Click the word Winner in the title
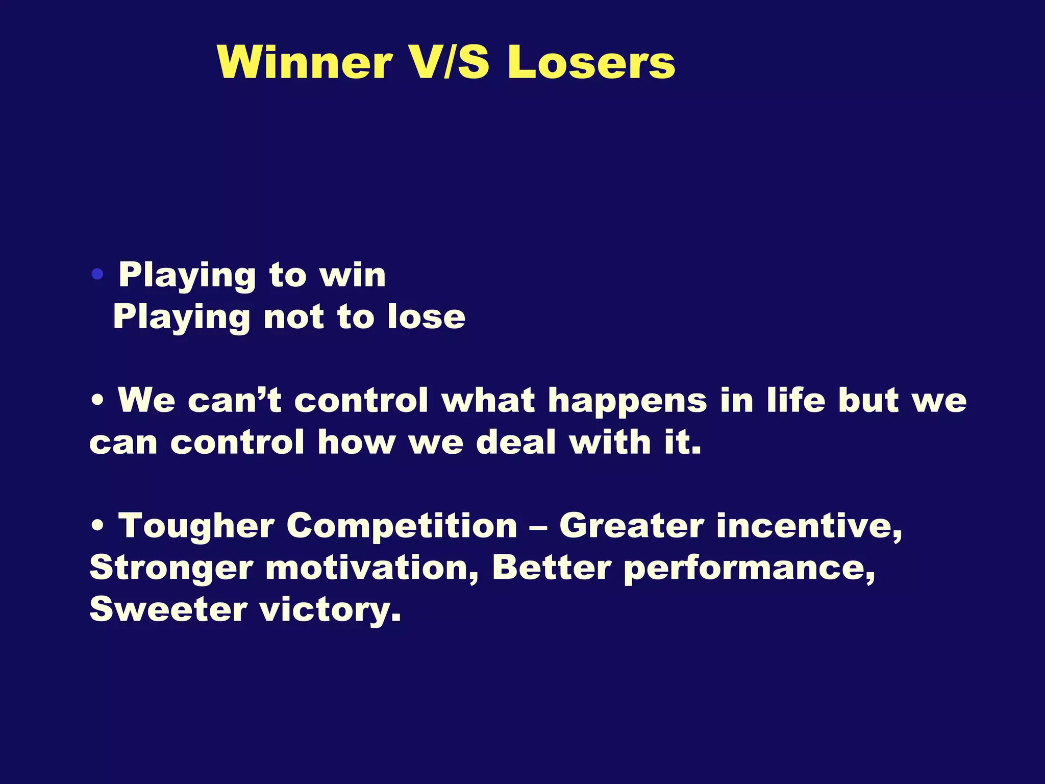point(305,62)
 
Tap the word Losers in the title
point(591,62)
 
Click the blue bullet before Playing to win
point(97,275)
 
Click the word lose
point(426,317)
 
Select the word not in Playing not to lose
point(293,317)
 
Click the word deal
point(515,442)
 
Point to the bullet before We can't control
point(97,401)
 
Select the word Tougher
point(196,526)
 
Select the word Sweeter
point(168,609)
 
